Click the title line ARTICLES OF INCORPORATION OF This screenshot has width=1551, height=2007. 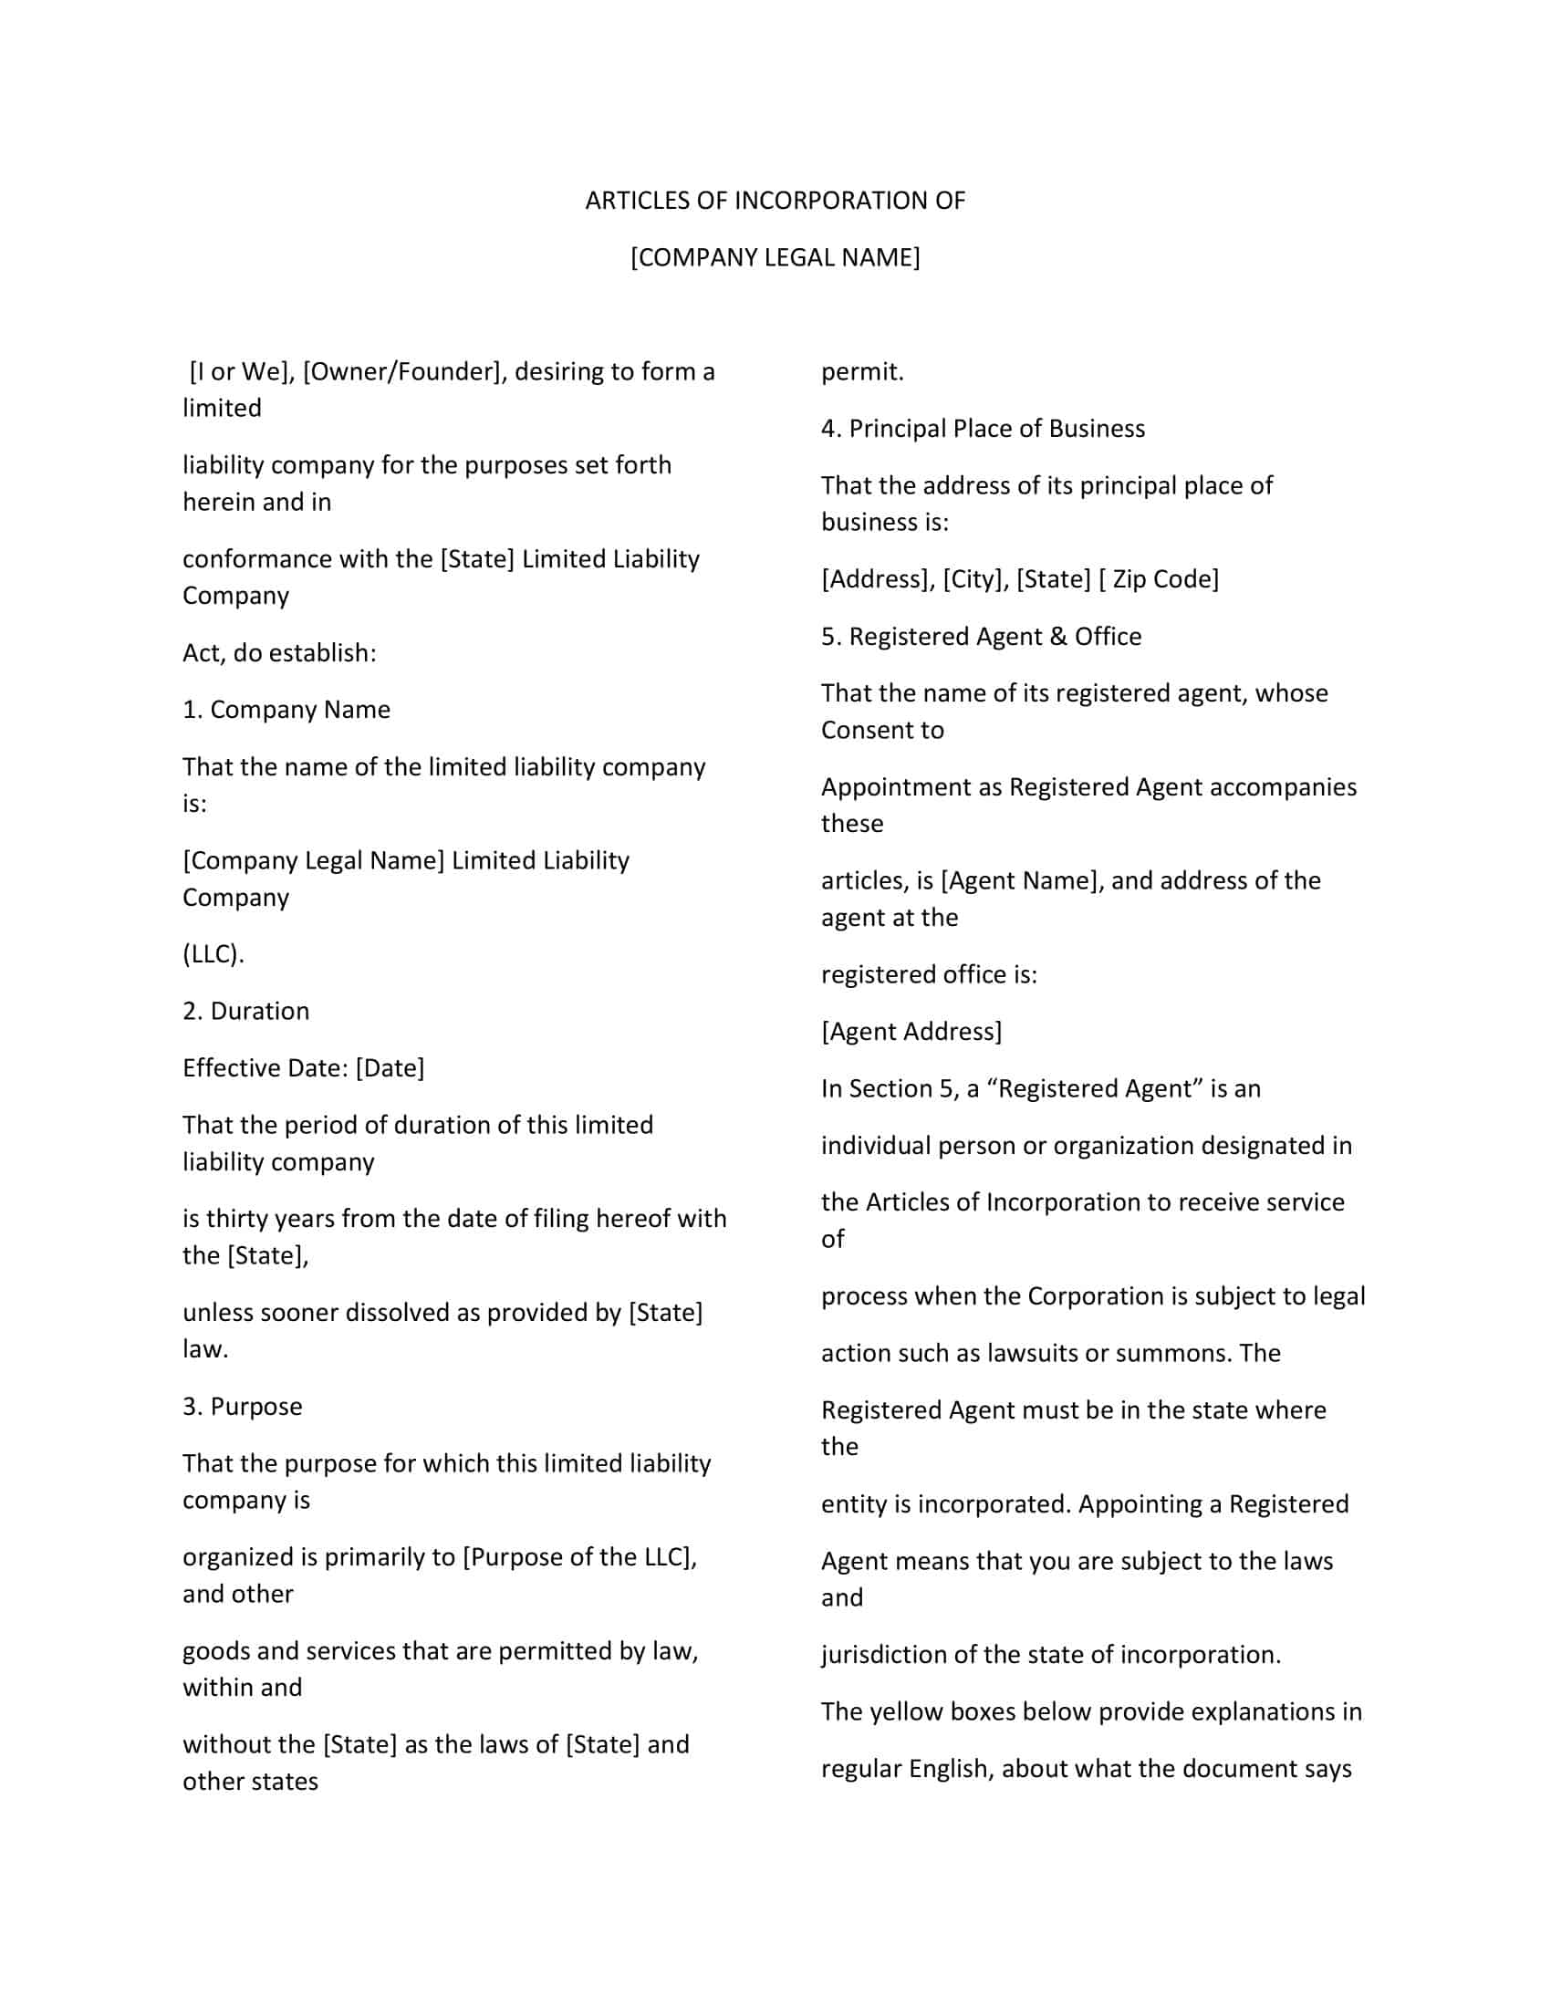[x=775, y=201]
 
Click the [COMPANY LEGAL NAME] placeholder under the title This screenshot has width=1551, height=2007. [x=775, y=257]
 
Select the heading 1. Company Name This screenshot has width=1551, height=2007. [x=286, y=710]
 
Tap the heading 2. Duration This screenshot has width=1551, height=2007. [x=245, y=1011]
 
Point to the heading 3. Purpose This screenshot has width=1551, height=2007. [x=242, y=1406]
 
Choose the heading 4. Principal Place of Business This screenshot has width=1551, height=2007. [x=983, y=428]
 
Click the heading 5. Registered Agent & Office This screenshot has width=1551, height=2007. [x=981, y=636]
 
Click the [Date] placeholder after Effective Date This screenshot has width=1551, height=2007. [x=390, y=1068]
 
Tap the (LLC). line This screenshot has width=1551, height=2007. [x=213, y=954]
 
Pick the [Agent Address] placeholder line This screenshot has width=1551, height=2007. [x=911, y=1031]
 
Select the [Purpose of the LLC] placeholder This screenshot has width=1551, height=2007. [x=578, y=1556]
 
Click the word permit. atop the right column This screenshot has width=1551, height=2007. [x=862, y=371]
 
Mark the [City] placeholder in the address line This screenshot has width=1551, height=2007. [x=975, y=579]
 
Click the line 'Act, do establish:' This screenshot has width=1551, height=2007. [x=279, y=652]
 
